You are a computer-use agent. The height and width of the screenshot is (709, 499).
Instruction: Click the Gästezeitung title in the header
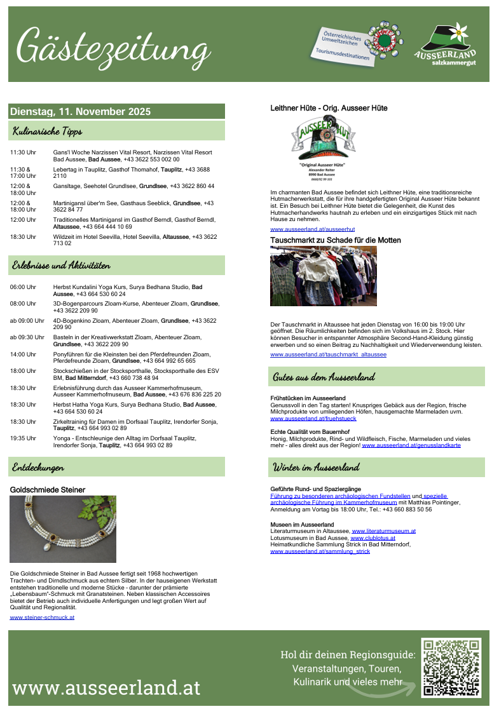pyautogui.click(x=113, y=46)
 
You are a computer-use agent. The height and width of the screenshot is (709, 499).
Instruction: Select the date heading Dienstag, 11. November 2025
pyautogui.click(x=80, y=112)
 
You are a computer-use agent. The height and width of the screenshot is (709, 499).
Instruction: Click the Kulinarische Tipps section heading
pyautogui.click(x=48, y=132)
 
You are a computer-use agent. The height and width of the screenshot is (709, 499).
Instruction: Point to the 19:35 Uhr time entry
pyautogui.click(x=23, y=438)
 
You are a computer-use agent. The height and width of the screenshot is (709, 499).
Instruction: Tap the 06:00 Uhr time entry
pyautogui.click(x=23, y=287)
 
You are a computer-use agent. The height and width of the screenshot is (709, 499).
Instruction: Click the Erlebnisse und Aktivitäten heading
pyautogui.click(x=61, y=266)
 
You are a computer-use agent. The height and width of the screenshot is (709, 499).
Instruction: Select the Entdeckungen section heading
pyautogui.click(x=38, y=467)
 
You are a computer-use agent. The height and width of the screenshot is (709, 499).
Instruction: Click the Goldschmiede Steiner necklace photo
pyautogui.click(x=63, y=529)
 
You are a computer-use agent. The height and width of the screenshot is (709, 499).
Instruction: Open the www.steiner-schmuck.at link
pyautogui.click(x=43, y=617)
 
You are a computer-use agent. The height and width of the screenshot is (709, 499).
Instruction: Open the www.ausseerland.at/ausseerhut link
pyautogui.click(x=313, y=229)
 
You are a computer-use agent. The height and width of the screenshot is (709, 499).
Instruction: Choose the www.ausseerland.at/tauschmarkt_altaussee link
pyautogui.click(x=328, y=354)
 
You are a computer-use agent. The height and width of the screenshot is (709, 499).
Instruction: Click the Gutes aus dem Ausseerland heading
pyautogui.click(x=324, y=377)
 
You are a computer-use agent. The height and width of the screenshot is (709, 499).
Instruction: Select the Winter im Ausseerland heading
pyautogui.click(x=316, y=468)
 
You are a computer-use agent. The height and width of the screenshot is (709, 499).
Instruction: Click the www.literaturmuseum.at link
pyautogui.click(x=383, y=531)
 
